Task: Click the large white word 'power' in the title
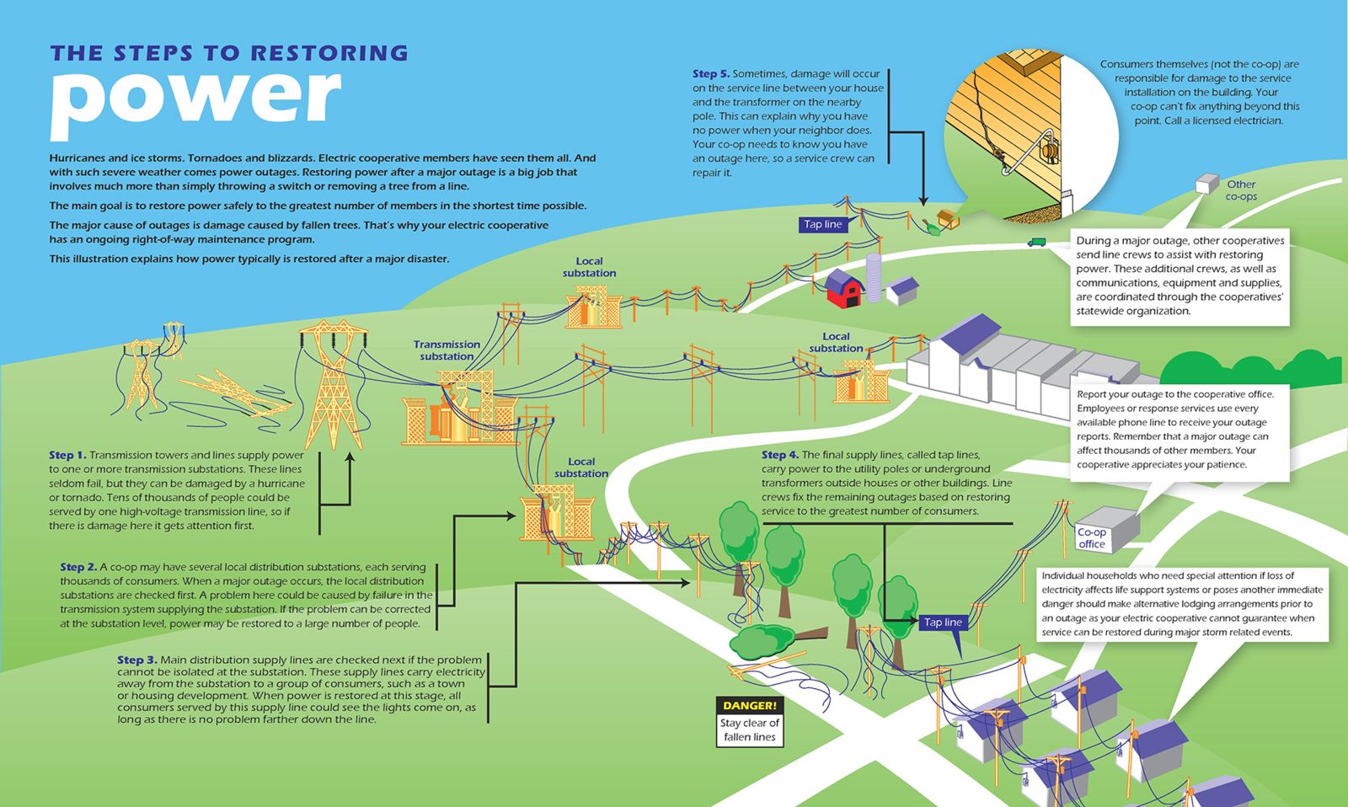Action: (x=196, y=104)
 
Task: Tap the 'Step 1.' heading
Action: (x=67, y=455)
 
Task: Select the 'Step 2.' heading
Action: (x=78, y=567)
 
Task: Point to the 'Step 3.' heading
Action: (x=136, y=660)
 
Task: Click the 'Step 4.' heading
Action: (x=780, y=455)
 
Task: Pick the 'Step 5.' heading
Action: (x=711, y=73)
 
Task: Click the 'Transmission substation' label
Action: (x=447, y=350)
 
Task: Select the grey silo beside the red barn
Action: (x=873, y=277)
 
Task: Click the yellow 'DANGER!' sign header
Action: (x=749, y=705)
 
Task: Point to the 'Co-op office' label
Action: (x=1092, y=538)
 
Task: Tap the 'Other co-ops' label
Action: (x=1241, y=190)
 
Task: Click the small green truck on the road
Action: (x=1036, y=242)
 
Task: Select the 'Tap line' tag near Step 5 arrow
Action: (x=822, y=224)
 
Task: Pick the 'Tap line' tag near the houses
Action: (x=943, y=623)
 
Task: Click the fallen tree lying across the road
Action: (x=776, y=640)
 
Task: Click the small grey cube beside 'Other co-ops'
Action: (x=1206, y=184)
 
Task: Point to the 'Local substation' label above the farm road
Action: (x=589, y=266)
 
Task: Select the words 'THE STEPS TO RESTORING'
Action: (x=229, y=53)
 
